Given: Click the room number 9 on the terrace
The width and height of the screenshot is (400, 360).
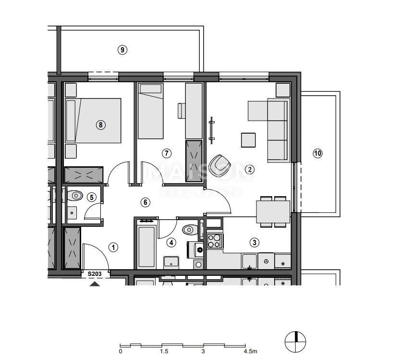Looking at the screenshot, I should (123, 50).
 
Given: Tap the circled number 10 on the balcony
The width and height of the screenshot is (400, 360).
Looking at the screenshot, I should (317, 153).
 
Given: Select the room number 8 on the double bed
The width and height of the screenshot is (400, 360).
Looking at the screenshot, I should (100, 125).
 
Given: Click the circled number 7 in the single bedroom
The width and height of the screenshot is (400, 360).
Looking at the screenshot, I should (167, 153).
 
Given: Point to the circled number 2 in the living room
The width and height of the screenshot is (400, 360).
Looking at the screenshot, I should (249, 169).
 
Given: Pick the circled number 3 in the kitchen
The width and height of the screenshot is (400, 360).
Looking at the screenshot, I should (255, 243).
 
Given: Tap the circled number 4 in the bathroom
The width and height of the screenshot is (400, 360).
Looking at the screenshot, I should (171, 243).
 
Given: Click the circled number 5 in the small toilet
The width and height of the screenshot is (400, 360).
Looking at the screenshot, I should (92, 197).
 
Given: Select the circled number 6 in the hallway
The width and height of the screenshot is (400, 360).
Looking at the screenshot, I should (145, 202).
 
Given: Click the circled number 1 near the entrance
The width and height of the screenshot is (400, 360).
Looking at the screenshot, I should (113, 248).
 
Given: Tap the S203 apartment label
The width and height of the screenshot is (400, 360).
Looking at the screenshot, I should (94, 274).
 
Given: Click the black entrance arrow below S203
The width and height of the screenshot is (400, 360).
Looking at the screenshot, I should (95, 284).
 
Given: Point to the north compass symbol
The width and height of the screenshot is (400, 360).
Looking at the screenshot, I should (295, 342).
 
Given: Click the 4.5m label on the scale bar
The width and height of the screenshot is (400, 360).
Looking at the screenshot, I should (251, 351).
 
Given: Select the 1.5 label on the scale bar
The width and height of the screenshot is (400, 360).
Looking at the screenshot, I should (164, 351).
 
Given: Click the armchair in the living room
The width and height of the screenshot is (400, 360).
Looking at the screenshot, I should (221, 166).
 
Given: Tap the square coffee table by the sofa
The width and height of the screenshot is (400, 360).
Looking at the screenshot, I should (249, 140).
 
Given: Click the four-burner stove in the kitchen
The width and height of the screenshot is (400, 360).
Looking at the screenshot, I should (214, 241).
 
